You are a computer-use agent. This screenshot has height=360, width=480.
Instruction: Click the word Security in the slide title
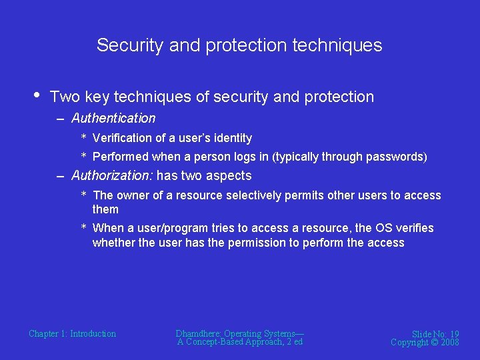129,45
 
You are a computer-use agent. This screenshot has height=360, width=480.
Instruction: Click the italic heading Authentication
113,119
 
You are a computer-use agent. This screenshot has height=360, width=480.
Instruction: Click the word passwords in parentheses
397,157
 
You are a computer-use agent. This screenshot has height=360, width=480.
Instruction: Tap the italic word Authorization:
112,176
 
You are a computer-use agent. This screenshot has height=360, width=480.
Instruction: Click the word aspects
229,176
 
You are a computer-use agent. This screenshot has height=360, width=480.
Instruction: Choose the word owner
135,195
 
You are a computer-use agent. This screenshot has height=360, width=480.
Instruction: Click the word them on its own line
105,209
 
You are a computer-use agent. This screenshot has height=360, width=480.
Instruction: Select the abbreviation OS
383,229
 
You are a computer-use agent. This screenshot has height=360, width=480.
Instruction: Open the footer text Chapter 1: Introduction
72,334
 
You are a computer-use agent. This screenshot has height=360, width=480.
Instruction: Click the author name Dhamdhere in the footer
198,334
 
